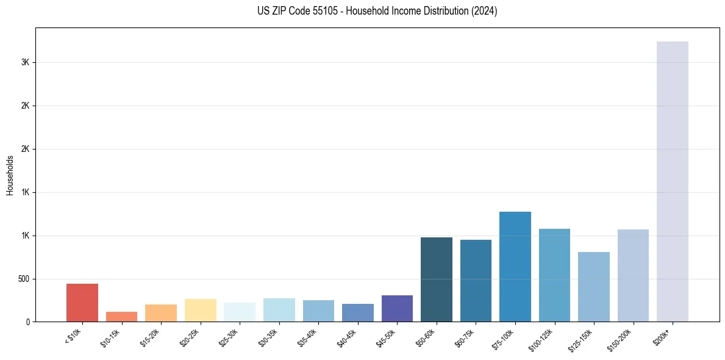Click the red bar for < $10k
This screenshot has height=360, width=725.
tap(82, 303)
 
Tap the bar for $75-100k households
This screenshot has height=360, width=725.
tap(515, 267)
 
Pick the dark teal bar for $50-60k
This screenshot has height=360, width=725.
tap(437, 279)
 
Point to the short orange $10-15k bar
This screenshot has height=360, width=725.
tap(121, 317)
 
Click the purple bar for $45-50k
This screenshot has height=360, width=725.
tap(397, 309)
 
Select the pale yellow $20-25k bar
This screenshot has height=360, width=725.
tap(200, 311)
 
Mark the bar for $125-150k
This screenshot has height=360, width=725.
tap(594, 287)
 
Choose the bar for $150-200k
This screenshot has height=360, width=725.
tap(633, 276)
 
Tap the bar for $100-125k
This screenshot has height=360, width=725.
tap(554, 275)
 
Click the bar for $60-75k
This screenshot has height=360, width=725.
tap(476, 281)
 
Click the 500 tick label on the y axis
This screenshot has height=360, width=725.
tap(24, 279)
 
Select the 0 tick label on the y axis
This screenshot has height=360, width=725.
tap(28, 322)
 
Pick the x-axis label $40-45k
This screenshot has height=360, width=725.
tap(348, 337)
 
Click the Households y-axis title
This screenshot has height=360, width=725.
tap(10, 175)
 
